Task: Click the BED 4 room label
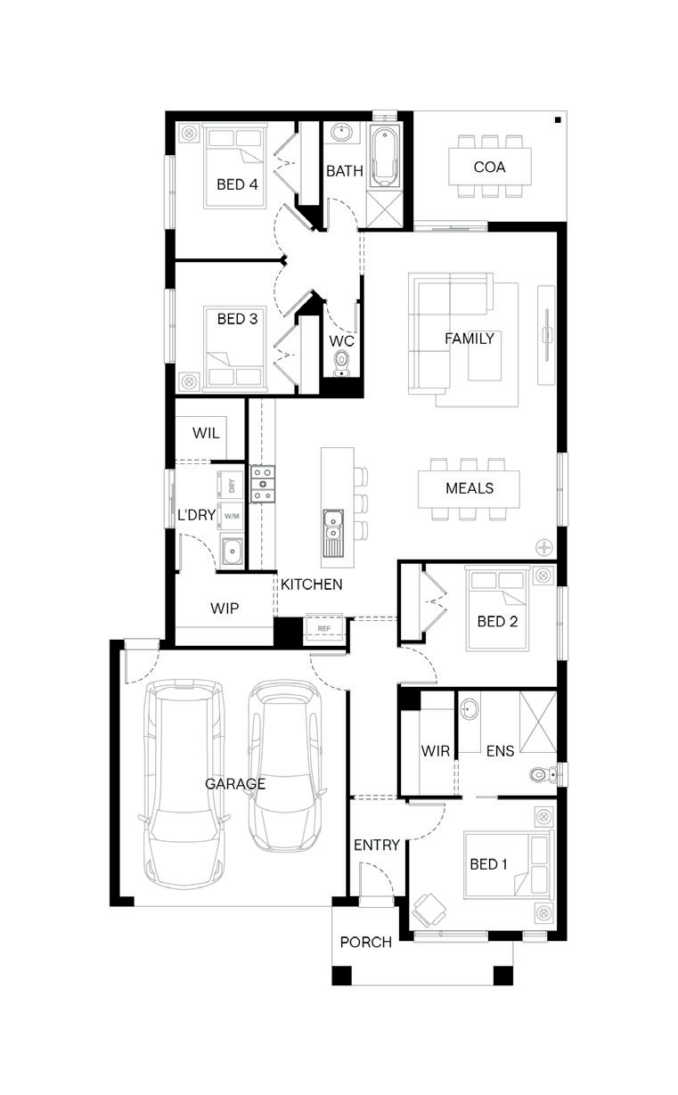237,184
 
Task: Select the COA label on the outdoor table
489,168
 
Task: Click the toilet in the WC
341,364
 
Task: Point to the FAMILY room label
470,339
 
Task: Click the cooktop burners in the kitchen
263,484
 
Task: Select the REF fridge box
323,628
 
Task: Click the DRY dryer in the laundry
231,486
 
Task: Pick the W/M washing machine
231,516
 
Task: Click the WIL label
206,433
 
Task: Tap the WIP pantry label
225,609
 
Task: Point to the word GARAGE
235,784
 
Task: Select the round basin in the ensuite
470,708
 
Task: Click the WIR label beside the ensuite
435,751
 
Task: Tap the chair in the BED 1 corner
429,910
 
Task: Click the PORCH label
365,942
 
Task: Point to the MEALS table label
470,488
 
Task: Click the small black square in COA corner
558,119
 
